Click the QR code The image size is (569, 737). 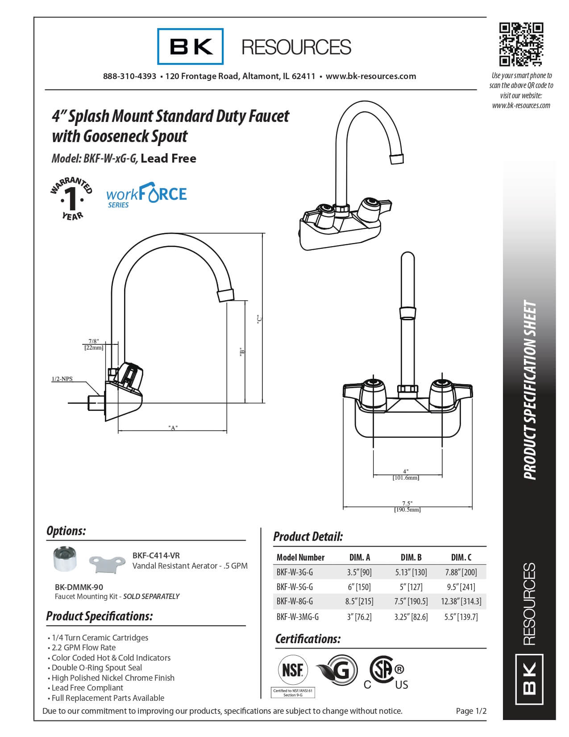521,44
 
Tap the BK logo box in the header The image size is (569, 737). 191,46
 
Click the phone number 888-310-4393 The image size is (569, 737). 129,76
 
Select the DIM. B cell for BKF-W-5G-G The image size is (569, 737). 411,587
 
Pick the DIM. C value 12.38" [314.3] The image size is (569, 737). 461,601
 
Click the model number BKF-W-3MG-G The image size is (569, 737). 298,617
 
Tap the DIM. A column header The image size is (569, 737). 359,557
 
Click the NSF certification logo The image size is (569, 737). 293,670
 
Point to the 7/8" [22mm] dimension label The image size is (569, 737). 94,344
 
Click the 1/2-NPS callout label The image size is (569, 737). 62,379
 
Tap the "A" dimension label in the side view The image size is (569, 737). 173,428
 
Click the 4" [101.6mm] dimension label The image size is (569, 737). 406,474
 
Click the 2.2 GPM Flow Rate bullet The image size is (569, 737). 83,648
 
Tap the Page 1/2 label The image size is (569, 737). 471,711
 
